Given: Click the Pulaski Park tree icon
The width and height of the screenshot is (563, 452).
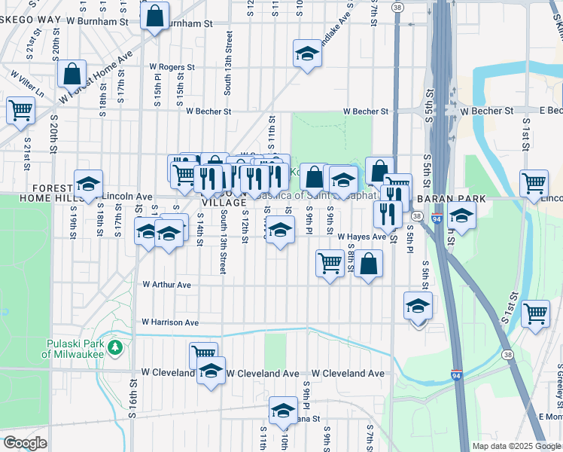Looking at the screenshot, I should tap(115, 347).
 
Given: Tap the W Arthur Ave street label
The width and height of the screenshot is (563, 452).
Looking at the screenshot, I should tap(167, 285).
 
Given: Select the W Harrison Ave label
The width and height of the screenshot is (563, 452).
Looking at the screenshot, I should tap(170, 322).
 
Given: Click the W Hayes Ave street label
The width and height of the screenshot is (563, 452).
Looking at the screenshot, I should tap(361, 236).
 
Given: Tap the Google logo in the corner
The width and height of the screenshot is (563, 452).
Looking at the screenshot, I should tap(24, 443).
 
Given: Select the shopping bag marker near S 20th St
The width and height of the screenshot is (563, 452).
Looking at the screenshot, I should tap(73, 74).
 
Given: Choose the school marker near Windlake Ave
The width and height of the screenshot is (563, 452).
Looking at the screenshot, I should tap(306, 53).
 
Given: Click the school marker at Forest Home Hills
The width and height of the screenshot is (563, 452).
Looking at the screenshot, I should tap(88, 184).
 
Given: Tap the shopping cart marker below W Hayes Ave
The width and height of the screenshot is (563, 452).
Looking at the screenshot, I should tap(330, 263).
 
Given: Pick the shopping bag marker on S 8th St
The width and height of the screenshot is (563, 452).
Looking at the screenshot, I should tap(368, 263).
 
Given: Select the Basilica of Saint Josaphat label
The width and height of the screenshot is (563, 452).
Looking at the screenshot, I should tap(320, 194).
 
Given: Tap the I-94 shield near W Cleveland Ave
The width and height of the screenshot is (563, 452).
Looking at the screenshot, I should tap(457, 374).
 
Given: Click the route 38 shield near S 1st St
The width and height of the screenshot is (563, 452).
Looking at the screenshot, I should tap(508, 354).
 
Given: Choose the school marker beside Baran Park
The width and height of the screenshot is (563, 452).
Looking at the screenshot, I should tap(461, 215).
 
